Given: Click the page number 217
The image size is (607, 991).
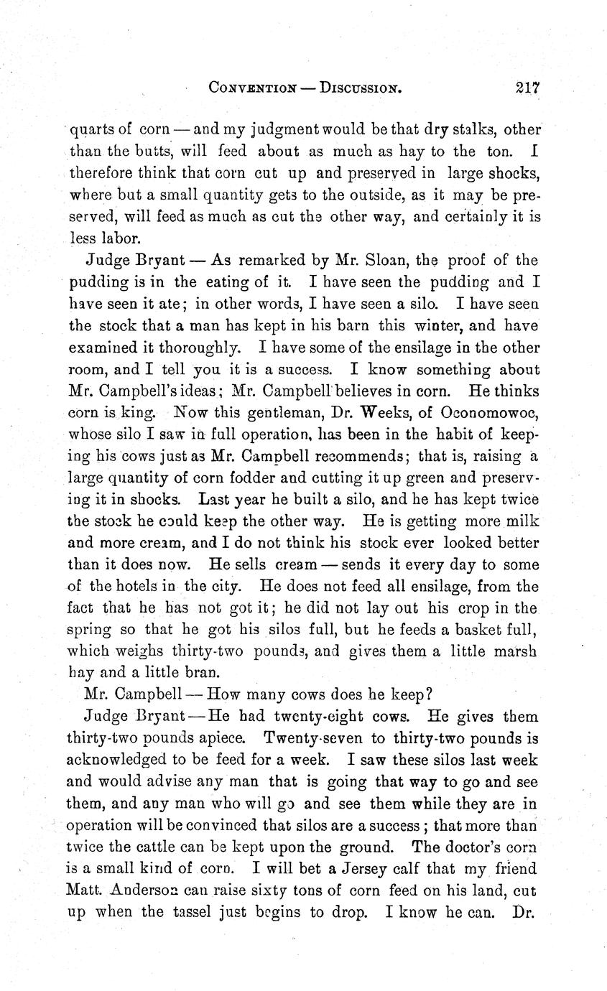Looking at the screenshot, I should coord(527,88).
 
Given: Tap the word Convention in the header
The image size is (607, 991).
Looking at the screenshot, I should coord(252,88).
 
